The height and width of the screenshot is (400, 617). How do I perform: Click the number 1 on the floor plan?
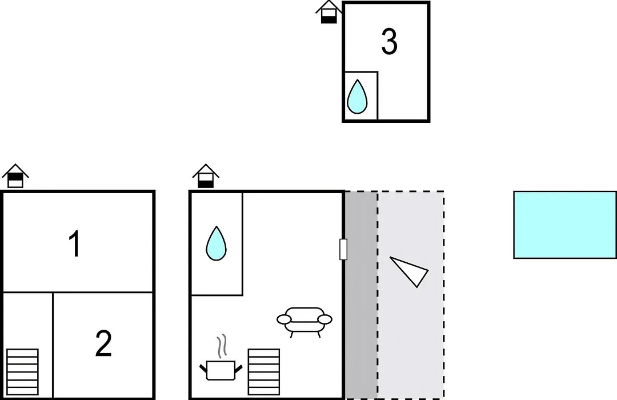(x=75, y=244)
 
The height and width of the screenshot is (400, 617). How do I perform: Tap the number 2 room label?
(x=103, y=343)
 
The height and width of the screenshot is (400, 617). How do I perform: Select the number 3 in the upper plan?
(x=389, y=41)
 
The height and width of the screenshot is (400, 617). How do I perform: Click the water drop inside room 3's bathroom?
(x=357, y=97)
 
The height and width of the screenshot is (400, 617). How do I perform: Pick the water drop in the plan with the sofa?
(x=216, y=243)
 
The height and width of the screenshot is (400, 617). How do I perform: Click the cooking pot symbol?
(x=221, y=370)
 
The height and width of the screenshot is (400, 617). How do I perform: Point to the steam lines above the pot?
(x=222, y=346)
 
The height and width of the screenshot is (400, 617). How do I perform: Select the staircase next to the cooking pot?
(x=263, y=371)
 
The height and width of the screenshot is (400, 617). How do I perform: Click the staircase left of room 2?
(x=22, y=371)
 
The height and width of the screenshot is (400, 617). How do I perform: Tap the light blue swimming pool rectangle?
(x=565, y=225)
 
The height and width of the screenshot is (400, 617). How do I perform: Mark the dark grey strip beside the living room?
(x=361, y=295)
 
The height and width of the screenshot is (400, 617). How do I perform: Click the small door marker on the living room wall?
(x=343, y=249)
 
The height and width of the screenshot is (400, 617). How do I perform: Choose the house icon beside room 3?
(x=328, y=12)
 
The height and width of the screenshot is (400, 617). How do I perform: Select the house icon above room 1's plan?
(x=15, y=176)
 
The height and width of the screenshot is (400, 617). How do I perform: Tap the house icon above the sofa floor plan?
(x=206, y=176)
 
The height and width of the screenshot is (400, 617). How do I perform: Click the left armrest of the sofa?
(x=284, y=319)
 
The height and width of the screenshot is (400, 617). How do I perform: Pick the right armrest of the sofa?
(x=325, y=319)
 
